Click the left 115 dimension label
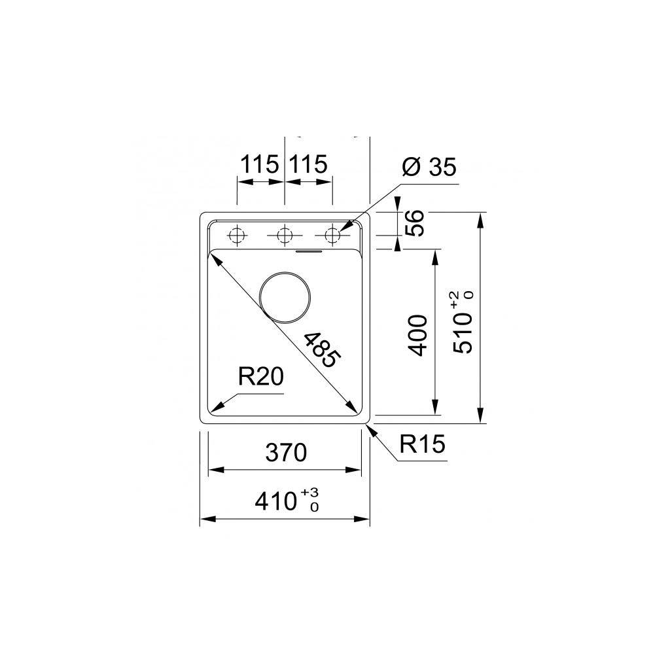[259, 165]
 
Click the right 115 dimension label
[308, 165]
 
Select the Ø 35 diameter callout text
[429, 167]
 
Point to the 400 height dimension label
[417, 334]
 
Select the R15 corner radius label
[422, 445]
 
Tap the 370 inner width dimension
[285, 452]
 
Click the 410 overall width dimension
[275, 502]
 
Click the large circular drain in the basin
[285, 296]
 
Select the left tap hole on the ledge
[236, 234]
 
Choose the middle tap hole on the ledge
[285, 234]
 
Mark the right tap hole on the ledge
[333, 234]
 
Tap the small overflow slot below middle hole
[308, 250]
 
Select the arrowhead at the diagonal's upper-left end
[214, 258]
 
